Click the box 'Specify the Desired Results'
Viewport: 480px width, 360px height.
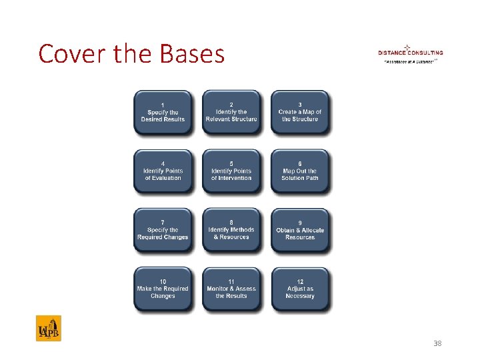[x=163, y=113]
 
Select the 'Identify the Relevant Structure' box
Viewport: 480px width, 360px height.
[x=231, y=113]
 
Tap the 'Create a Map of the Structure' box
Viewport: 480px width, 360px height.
[x=300, y=113]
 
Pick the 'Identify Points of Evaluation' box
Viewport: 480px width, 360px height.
[x=163, y=171]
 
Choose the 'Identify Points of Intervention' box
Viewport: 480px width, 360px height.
[x=231, y=171]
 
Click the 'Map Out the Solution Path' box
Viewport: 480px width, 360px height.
[x=300, y=171]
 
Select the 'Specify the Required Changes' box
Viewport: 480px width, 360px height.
[x=163, y=231]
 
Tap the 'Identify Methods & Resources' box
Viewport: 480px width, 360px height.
[x=231, y=231]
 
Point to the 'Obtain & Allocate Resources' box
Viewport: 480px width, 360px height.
[x=300, y=231]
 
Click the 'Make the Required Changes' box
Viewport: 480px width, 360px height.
[x=163, y=289]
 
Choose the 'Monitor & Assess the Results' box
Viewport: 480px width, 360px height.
[x=231, y=289]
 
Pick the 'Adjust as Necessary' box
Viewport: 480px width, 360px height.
[x=300, y=289]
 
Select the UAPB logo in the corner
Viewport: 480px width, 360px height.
[x=49, y=328]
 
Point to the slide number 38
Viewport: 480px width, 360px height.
[x=437, y=343]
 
